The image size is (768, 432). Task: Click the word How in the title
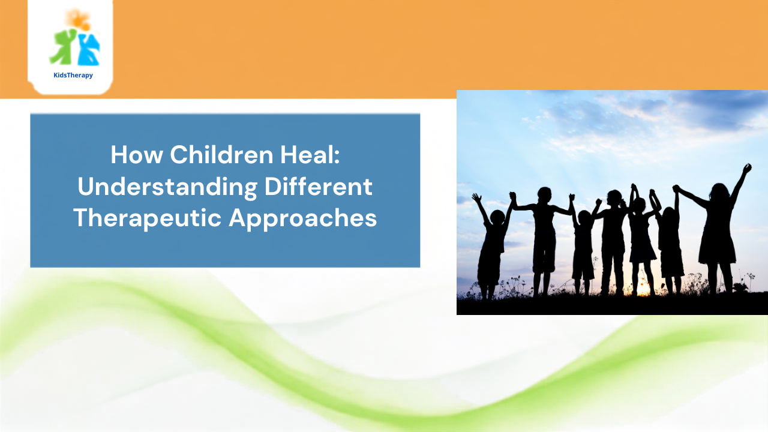point(137,155)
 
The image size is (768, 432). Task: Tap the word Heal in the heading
point(306,155)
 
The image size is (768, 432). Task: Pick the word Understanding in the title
point(167,187)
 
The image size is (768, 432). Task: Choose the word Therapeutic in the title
point(148,218)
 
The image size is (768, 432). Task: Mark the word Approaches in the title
point(303,218)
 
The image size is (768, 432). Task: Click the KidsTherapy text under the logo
point(73,75)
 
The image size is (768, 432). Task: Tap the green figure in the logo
point(62,47)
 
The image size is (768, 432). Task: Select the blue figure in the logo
point(89,49)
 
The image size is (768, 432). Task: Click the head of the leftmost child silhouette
point(497,217)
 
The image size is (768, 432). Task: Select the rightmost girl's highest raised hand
point(747,169)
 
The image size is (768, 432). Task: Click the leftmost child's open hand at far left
point(476,197)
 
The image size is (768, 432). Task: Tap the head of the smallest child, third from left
point(584,217)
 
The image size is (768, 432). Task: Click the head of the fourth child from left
point(614,198)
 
